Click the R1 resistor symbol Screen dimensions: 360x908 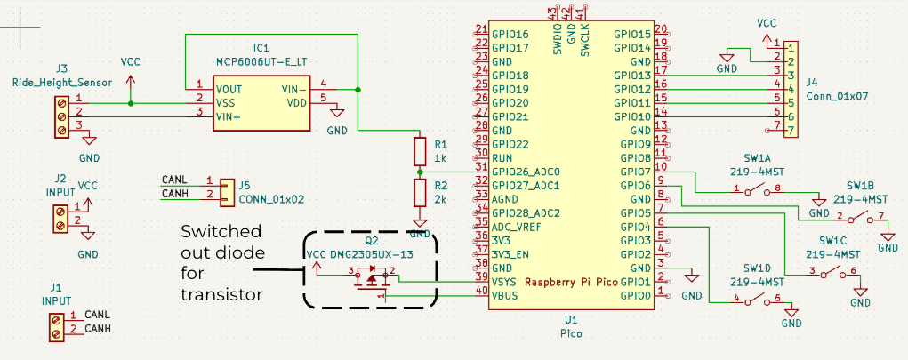tap(420, 150)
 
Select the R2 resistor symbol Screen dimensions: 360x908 tap(420, 192)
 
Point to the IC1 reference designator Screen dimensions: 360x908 tap(261, 47)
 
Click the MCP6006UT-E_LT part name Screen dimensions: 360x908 tap(261, 61)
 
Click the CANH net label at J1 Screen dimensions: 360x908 tap(97, 330)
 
